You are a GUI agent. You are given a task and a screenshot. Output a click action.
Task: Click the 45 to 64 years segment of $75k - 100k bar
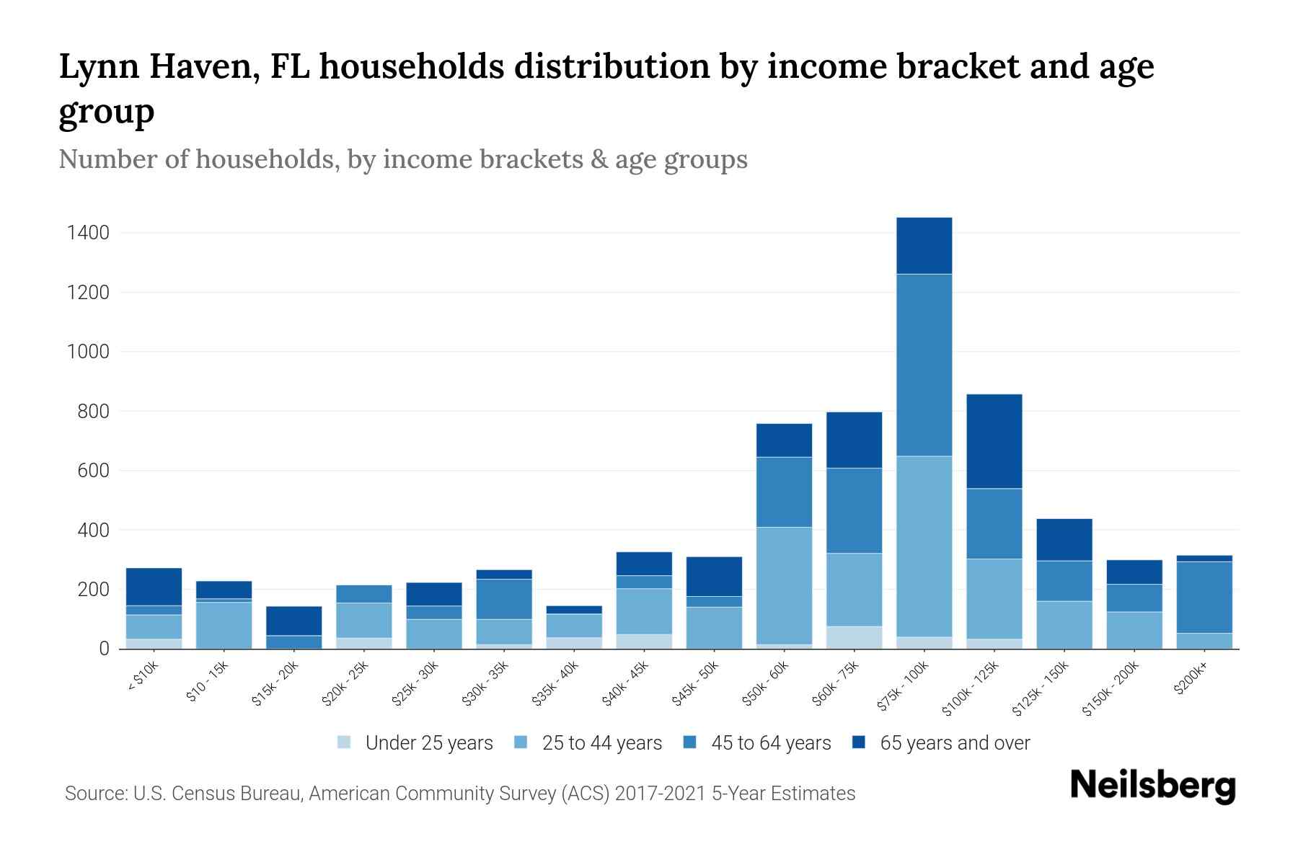[x=924, y=365]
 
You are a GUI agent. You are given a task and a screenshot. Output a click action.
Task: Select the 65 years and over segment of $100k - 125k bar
[x=994, y=441]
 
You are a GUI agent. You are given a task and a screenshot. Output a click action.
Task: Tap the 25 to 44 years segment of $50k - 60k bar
[x=784, y=585]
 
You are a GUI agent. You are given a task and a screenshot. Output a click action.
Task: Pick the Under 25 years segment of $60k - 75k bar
[x=854, y=637]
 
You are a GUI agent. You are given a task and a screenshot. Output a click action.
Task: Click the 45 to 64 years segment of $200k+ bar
[x=1204, y=597]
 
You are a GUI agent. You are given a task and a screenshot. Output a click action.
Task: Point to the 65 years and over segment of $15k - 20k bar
[x=293, y=621]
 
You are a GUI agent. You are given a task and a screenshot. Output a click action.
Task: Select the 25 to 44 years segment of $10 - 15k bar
[x=224, y=625]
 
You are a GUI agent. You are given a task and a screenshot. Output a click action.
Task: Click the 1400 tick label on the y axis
[x=88, y=233]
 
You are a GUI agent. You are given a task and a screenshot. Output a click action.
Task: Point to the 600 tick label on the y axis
[x=94, y=471]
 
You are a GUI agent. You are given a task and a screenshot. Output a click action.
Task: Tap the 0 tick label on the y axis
[x=105, y=649]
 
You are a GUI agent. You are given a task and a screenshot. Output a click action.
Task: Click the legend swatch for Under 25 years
[x=345, y=742]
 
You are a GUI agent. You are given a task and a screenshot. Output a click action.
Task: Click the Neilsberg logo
[x=1152, y=786]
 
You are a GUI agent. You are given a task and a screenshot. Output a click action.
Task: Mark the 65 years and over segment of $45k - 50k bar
[x=714, y=576]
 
